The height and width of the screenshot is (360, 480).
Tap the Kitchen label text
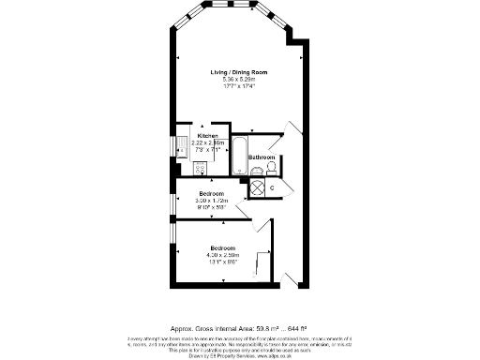(x=207, y=135)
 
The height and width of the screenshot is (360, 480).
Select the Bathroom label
(x=261, y=157)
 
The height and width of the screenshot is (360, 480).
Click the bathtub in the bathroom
(x=239, y=157)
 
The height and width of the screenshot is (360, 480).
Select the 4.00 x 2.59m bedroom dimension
(x=222, y=255)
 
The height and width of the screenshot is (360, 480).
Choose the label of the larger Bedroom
(x=222, y=248)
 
